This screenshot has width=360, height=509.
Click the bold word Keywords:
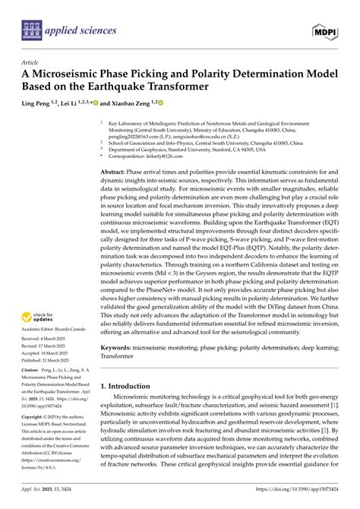[118, 366]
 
